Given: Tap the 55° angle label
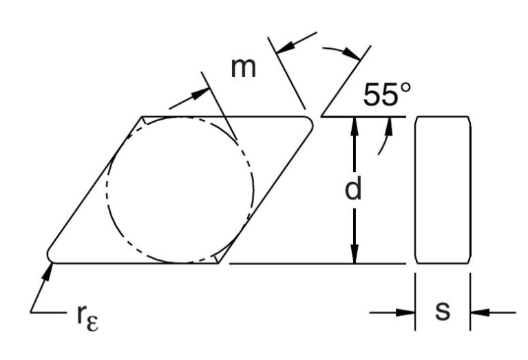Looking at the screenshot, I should point(388,96).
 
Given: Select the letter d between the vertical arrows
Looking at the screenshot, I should point(353,190).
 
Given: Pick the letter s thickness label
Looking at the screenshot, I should point(443,311).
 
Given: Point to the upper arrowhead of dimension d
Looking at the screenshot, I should point(354,124).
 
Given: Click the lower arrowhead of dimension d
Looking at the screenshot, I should point(354,256).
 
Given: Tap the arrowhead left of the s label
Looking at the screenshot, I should point(407,312).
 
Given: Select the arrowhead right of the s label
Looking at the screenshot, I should point(479,312).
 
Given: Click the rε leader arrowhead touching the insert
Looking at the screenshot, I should point(50,266).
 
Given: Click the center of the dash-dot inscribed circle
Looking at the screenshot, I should point(181,189).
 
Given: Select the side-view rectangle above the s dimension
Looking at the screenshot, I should point(443,189).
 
